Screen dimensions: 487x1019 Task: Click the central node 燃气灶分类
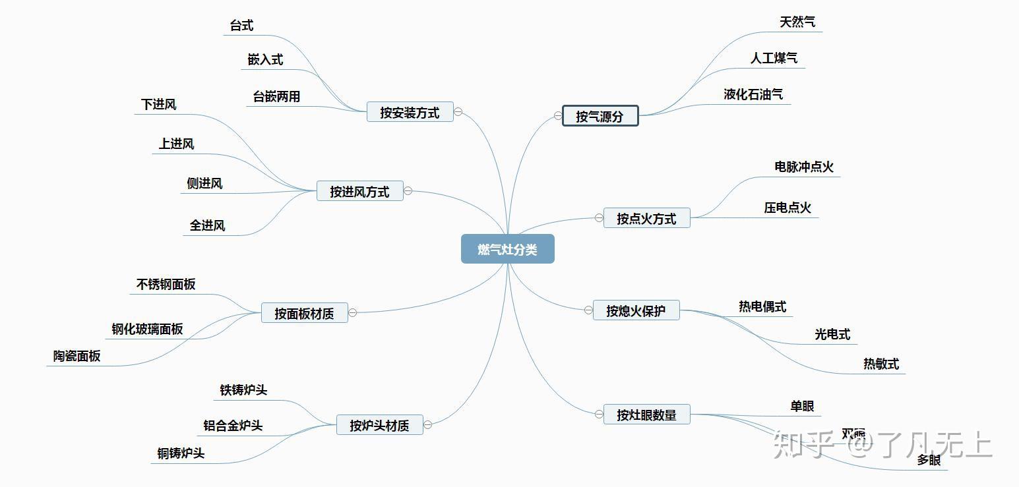507,249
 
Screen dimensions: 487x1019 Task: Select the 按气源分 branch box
600,116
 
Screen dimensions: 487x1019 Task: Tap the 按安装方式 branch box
410,112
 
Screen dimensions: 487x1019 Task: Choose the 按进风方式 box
359,191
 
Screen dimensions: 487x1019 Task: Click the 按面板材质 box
304,313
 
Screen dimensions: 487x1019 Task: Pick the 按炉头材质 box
379,425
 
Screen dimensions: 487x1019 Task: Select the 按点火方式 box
646,218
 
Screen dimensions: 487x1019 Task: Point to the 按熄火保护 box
636,310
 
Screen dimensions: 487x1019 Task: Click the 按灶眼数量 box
646,415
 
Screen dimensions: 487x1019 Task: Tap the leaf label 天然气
797,22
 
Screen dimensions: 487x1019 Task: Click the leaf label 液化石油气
753,94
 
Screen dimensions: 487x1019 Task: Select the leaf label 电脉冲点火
804,167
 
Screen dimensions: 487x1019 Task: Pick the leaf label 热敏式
881,364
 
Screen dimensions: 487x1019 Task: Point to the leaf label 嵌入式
265,59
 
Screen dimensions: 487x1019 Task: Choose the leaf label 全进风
208,225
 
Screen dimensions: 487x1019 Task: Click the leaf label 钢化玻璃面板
147,329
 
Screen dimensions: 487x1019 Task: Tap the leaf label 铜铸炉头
181,453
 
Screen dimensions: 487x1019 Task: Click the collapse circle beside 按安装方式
458,111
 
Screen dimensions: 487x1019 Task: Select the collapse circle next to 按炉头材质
427,425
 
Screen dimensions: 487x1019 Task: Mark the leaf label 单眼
802,406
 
